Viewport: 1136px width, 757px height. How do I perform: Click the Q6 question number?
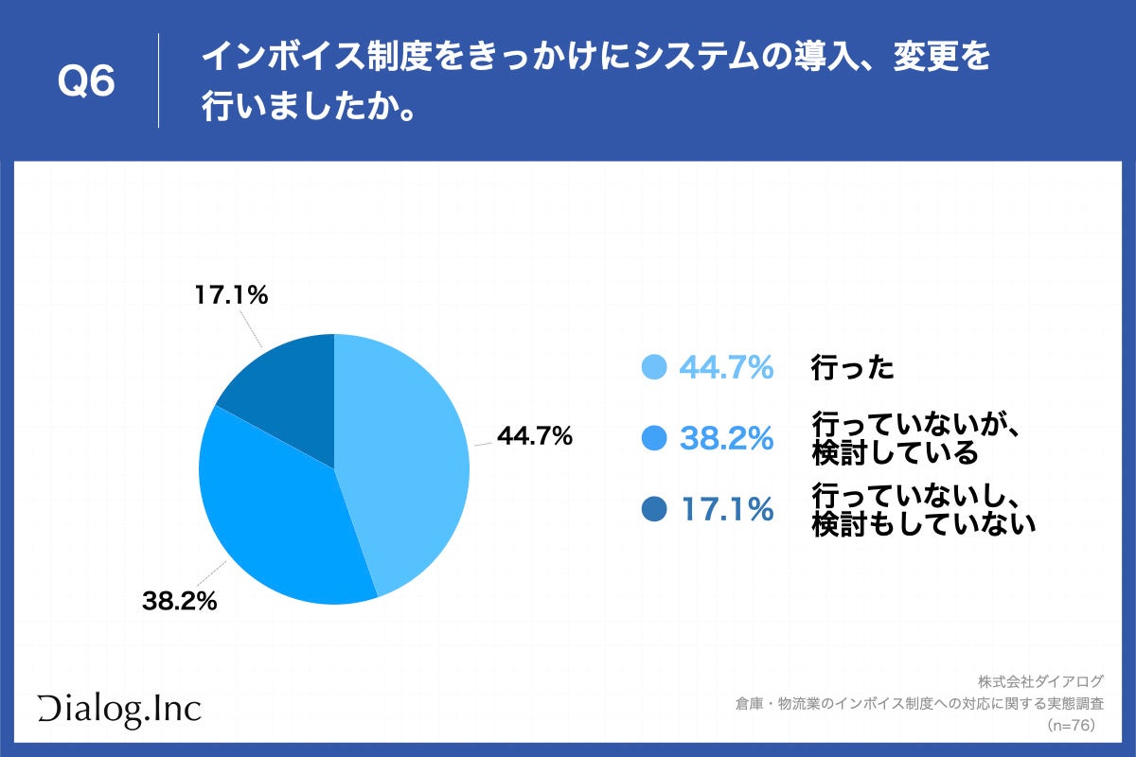click(x=87, y=82)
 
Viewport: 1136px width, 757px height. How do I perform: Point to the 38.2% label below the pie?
click(x=180, y=600)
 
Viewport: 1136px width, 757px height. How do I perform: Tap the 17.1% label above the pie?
click(x=232, y=295)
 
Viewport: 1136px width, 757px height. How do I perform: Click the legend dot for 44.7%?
click(x=654, y=367)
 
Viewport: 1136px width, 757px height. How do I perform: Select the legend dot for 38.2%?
click(x=654, y=438)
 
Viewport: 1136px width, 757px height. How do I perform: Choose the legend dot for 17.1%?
click(x=654, y=510)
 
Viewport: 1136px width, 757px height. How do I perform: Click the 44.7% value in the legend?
click(x=726, y=367)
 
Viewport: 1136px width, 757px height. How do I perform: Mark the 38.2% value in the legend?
click(x=726, y=438)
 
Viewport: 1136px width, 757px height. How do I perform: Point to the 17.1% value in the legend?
click(x=726, y=510)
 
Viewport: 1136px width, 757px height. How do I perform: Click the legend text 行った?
click(x=853, y=367)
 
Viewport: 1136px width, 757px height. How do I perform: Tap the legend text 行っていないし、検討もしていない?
click(x=923, y=510)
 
